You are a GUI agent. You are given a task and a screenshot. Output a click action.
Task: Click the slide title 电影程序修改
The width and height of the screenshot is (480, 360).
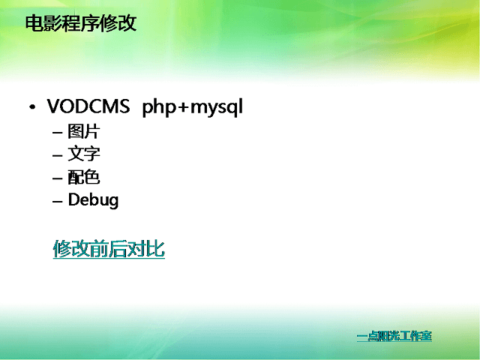(81, 23)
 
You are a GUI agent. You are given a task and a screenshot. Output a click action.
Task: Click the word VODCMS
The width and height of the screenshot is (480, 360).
(88, 106)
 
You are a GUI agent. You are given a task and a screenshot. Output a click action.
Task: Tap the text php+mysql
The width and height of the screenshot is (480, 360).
(193, 108)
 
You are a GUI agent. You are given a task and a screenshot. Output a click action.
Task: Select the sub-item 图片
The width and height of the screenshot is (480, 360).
(84, 131)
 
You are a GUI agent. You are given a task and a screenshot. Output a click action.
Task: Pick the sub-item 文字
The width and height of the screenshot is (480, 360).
(84, 154)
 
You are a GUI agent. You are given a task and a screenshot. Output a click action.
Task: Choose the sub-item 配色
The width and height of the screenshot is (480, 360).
(84, 177)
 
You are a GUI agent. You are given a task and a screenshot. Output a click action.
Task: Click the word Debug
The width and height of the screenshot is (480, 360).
(93, 200)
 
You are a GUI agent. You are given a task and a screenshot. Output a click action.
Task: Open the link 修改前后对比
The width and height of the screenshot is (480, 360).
(109, 248)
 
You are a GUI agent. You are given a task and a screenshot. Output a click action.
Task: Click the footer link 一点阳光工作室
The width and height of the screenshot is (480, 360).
(394, 336)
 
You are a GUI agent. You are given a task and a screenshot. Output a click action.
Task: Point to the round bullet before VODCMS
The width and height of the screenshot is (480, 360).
(32, 107)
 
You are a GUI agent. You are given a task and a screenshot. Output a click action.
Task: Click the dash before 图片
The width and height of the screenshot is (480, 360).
(58, 133)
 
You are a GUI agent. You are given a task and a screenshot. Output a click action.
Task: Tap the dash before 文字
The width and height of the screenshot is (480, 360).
(58, 155)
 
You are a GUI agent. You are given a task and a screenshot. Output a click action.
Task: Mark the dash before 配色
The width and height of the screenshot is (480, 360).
(58, 178)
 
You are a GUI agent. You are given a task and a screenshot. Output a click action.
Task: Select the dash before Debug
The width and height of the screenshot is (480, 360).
(58, 201)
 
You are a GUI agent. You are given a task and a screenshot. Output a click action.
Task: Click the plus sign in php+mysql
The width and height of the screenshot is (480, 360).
(183, 108)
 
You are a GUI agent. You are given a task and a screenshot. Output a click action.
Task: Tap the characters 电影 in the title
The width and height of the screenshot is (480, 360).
(43, 23)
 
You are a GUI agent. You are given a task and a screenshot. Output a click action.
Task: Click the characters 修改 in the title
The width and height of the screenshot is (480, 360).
(118, 23)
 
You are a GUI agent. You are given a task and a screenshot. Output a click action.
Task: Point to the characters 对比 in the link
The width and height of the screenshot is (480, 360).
(146, 248)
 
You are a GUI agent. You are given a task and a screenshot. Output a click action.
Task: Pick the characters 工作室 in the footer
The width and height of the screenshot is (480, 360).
(413, 336)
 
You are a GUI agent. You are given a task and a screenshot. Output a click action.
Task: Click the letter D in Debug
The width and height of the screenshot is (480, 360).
(73, 199)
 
